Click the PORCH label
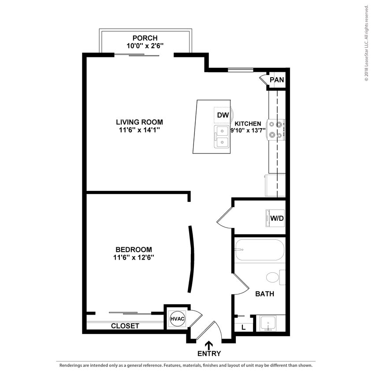145,38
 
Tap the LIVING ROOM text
139,122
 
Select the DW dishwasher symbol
223,115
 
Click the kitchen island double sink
222,137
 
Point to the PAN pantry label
277,80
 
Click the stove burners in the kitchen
276,129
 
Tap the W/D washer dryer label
276,217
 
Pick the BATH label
264,294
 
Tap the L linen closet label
244,327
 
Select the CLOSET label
125,326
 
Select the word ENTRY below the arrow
209,353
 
